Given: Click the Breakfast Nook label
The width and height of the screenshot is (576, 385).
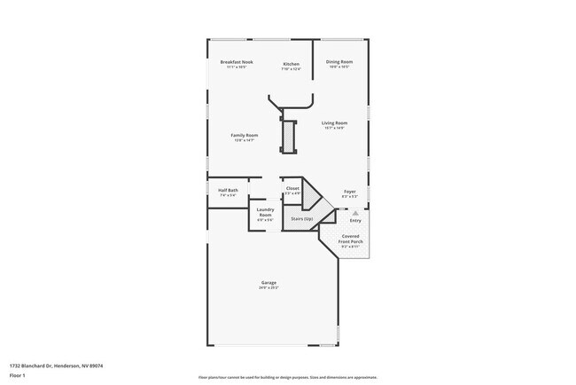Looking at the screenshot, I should pyautogui.click(x=237, y=61).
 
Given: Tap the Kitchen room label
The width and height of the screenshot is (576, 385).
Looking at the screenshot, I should pyautogui.click(x=291, y=64).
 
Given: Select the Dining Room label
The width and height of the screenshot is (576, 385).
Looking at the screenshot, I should pyautogui.click(x=339, y=61).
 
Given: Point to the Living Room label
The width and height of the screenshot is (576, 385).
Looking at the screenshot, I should pyautogui.click(x=334, y=122).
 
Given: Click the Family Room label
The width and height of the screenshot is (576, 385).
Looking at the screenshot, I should pyautogui.click(x=245, y=134).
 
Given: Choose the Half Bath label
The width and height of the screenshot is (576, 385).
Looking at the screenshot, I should pyautogui.click(x=228, y=190).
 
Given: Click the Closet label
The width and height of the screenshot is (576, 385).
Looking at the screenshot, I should pyautogui.click(x=292, y=188).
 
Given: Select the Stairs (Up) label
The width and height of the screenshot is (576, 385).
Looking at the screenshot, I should pyautogui.click(x=301, y=217).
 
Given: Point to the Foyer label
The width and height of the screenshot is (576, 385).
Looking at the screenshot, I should pyautogui.click(x=349, y=190).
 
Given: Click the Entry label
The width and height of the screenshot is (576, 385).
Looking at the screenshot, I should pyautogui.click(x=355, y=220).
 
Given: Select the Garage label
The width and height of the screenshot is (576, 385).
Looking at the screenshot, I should pyautogui.click(x=269, y=283).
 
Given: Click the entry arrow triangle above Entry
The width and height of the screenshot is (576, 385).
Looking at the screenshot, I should pyautogui.click(x=355, y=213).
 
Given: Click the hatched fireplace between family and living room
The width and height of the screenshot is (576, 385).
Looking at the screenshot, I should pyautogui.click(x=288, y=136).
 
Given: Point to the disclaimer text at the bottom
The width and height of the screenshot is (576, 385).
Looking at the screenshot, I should pyautogui.click(x=287, y=377).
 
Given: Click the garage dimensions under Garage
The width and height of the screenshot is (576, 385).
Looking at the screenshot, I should pyautogui.click(x=269, y=288).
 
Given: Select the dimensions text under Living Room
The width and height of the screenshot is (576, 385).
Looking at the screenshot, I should pyautogui.click(x=334, y=128).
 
